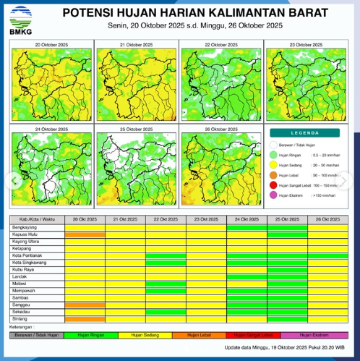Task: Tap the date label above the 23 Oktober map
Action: point(306,45)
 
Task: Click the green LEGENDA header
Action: point(304,133)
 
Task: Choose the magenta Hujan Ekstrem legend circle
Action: point(273,195)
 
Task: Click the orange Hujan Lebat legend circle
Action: point(273,174)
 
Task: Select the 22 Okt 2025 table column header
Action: point(166,218)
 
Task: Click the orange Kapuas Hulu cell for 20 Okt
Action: point(85,234)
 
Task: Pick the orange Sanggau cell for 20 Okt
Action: point(85,305)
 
